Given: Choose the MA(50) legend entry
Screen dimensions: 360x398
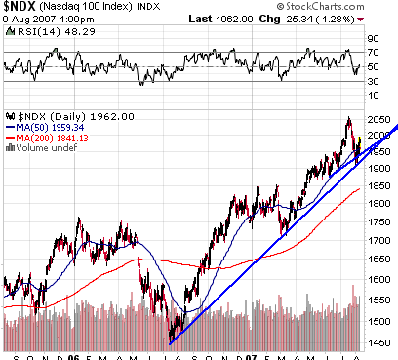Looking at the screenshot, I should click(37, 125).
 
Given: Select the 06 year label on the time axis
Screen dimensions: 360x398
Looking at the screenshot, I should click(74, 354).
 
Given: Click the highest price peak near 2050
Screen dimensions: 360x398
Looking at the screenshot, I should click(348, 119).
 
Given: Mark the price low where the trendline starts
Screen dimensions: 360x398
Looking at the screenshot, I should click(170, 341).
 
